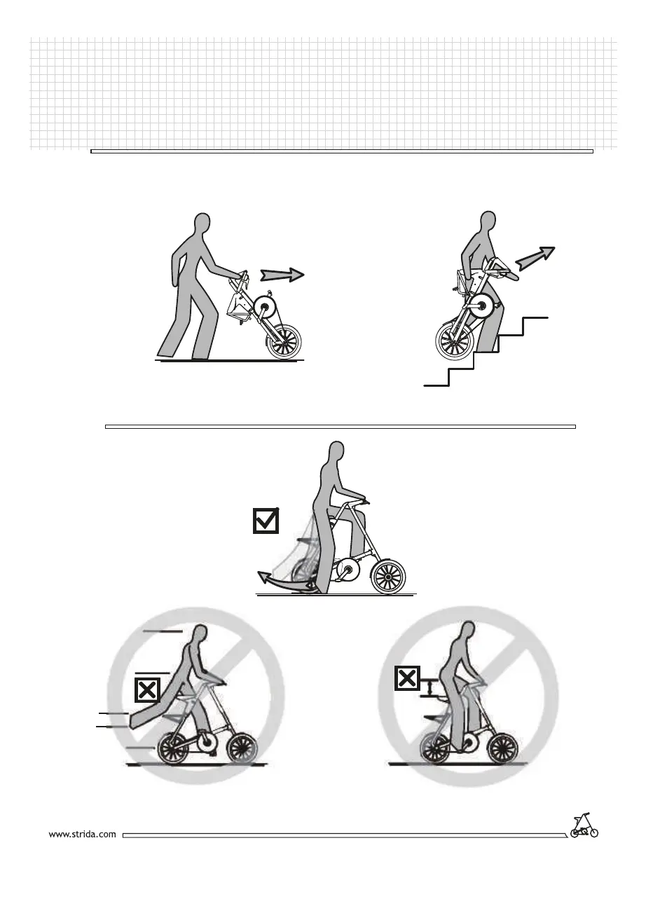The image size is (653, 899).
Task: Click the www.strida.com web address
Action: [82, 835]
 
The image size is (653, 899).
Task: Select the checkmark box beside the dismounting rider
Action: [266, 520]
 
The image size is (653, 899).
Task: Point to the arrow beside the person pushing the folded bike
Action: [284, 274]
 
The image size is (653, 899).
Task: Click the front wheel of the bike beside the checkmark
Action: [387, 576]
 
